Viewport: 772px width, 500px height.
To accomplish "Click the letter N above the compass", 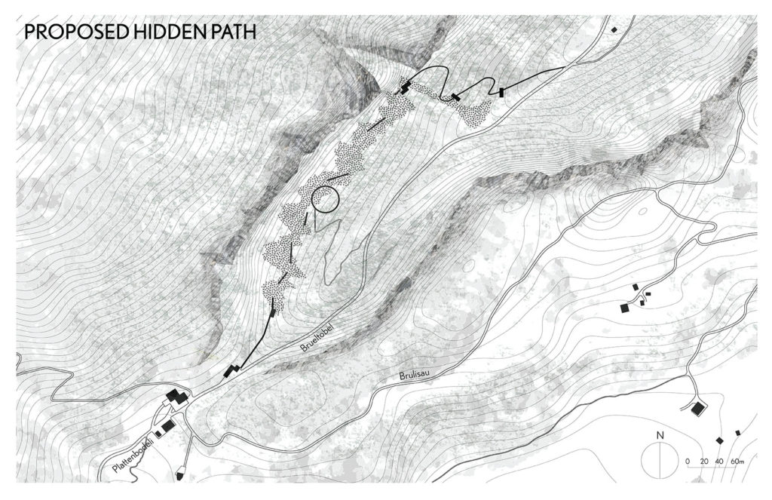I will [x=660, y=435].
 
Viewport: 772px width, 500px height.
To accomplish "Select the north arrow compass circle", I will [x=660, y=459].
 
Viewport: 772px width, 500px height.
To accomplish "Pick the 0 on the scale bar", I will [x=688, y=461].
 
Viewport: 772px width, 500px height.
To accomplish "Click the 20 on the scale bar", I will [x=703, y=461].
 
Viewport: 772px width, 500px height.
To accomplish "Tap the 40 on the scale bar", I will [x=719, y=461].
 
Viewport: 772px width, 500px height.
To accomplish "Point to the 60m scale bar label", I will [x=737, y=461].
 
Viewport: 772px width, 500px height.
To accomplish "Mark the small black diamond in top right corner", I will [x=614, y=29].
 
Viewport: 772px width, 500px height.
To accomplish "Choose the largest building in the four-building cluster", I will [x=625, y=308].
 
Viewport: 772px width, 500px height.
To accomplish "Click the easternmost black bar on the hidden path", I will [x=501, y=92].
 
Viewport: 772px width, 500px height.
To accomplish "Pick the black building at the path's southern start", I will [x=228, y=370].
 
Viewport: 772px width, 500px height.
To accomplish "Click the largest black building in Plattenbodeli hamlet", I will [x=178, y=397].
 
